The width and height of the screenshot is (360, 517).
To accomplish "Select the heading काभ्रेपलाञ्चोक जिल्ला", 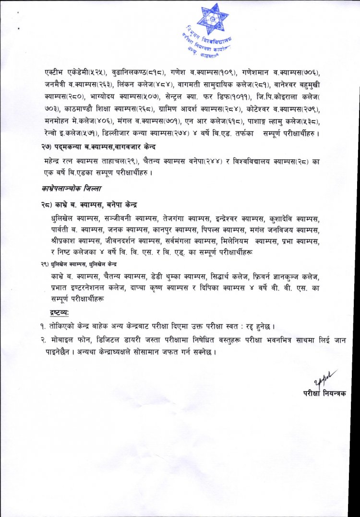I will tap(72, 189).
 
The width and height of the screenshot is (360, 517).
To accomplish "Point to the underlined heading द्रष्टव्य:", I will tap(60, 313).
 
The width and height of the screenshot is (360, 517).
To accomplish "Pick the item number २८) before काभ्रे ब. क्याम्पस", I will tap(48, 205).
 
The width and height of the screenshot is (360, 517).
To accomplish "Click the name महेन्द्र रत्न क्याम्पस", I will tap(72, 160).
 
